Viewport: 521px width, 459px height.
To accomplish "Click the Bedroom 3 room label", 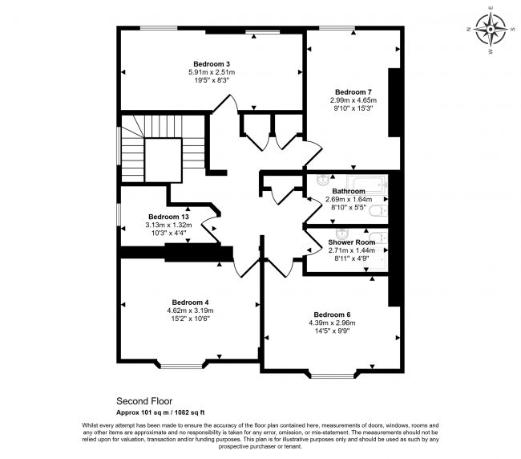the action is [x=212, y=64].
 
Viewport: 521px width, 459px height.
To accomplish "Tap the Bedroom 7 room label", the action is [x=353, y=91].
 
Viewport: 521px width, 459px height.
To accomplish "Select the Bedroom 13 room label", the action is [x=168, y=217].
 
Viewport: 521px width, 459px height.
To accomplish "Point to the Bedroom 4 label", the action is [x=190, y=303].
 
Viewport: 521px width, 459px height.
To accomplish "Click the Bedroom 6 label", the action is [x=332, y=315].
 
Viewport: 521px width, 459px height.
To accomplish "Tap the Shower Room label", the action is [x=352, y=242].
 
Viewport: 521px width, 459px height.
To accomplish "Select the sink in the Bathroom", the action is [x=323, y=180].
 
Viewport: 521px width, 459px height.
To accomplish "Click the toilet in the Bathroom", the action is [x=378, y=211].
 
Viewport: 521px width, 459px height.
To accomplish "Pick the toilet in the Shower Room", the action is [x=380, y=238].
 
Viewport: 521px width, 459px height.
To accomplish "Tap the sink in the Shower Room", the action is [x=341, y=234].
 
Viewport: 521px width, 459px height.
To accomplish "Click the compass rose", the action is [x=491, y=30].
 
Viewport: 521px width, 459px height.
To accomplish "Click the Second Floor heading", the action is [x=144, y=400].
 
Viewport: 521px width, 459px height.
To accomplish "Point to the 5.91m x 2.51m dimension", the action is [x=212, y=72].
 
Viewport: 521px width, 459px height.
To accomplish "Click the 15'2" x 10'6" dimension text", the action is [x=190, y=319].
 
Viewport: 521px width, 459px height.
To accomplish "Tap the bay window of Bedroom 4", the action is [x=181, y=364].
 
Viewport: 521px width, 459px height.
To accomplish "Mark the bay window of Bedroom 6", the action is [x=333, y=374].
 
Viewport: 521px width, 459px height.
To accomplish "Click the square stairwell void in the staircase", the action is [x=164, y=160].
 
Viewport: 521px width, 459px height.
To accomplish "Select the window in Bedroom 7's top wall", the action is [x=337, y=28].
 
